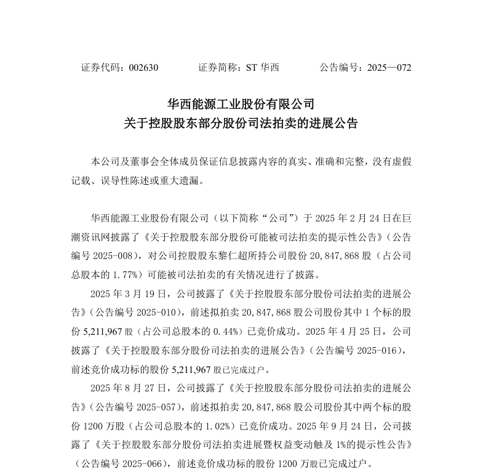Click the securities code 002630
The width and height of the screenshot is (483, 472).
coord(144,68)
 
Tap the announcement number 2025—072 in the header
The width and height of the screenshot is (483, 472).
coord(389,68)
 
